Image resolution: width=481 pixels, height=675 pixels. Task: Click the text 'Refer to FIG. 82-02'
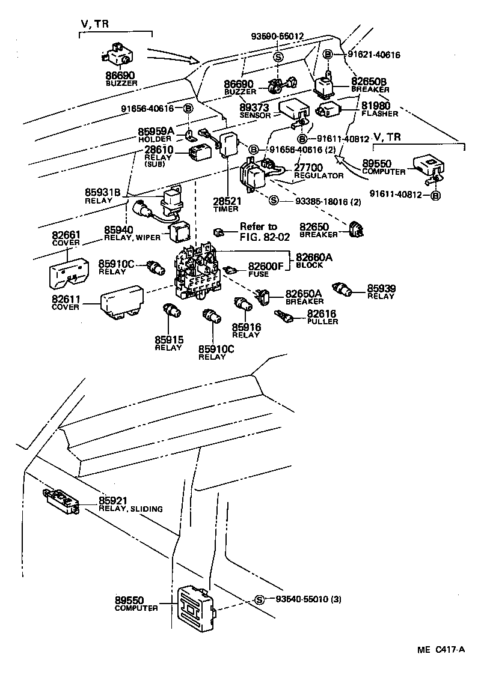click(259, 231)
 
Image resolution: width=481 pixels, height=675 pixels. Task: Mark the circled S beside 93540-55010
click(259, 599)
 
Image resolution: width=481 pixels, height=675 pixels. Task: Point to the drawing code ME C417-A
click(441, 650)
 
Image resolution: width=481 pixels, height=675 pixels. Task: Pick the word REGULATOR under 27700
click(319, 176)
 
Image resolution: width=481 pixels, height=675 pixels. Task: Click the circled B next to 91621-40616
click(328, 55)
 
